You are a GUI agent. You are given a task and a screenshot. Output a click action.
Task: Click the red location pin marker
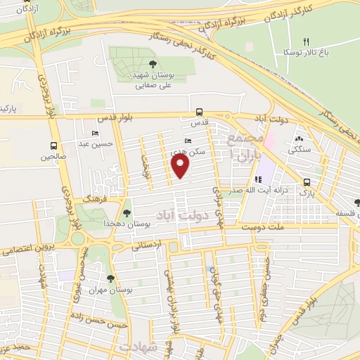[x=181, y=166]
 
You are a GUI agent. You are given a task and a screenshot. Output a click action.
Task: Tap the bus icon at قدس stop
[x=200, y=111]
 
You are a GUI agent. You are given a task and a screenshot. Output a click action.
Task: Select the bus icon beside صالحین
[x=54, y=146]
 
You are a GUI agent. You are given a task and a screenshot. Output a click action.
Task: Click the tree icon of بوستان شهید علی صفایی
[x=153, y=64]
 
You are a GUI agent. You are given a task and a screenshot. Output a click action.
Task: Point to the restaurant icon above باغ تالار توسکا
[x=306, y=41]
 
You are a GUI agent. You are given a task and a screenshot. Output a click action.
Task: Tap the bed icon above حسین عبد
[x=96, y=134]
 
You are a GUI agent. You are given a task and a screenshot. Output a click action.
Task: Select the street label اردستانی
[x=148, y=245]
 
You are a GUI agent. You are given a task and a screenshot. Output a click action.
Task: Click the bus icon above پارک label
[x=307, y=181]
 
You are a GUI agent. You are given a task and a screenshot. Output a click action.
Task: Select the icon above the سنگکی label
[x=300, y=139]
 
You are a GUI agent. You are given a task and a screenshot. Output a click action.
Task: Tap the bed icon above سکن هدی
[x=188, y=141]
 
